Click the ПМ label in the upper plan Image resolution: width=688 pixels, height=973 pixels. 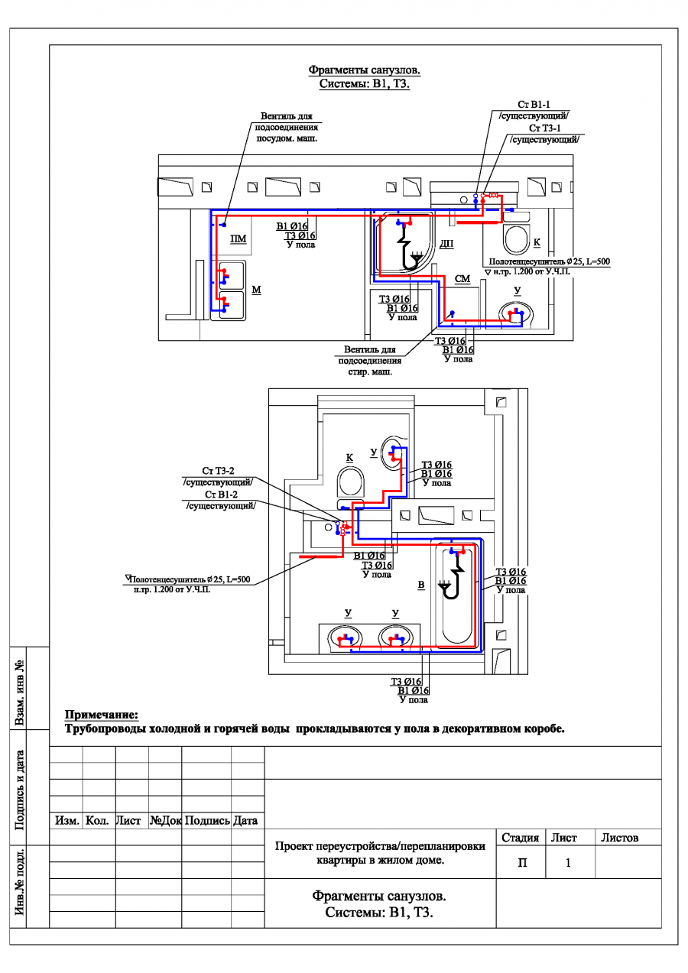click(x=238, y=239)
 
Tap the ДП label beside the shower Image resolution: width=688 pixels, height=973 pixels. click(x=446, y=244)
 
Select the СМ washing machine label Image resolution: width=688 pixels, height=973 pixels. click(x=462, y=279)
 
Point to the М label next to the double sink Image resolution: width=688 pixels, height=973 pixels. click(x=256, y=289)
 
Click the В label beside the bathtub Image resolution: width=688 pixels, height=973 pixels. click(x=421, y=585)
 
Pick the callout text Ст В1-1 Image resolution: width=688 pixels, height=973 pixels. click(x=534, y=105)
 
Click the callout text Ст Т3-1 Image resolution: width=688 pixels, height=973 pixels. click(x=544, y=128)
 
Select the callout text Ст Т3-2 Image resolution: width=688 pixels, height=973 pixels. click(x=218, y=471)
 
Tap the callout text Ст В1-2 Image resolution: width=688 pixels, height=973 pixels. click(x=221, y=495)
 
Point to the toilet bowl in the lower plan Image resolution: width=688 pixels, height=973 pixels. click(x=350, y=482)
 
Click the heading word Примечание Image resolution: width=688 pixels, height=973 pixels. click(x=102, y=715)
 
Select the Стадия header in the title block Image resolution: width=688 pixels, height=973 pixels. click(x=520, y=838)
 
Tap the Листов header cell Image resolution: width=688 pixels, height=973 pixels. click(x=619, y=838)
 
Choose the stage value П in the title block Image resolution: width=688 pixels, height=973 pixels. click(x=522, y=863)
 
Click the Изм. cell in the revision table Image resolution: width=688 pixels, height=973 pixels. click(x=67, y=821)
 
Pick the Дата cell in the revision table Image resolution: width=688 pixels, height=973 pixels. click(x=245, y=821)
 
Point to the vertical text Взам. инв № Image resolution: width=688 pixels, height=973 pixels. click(x=19, y=692)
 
